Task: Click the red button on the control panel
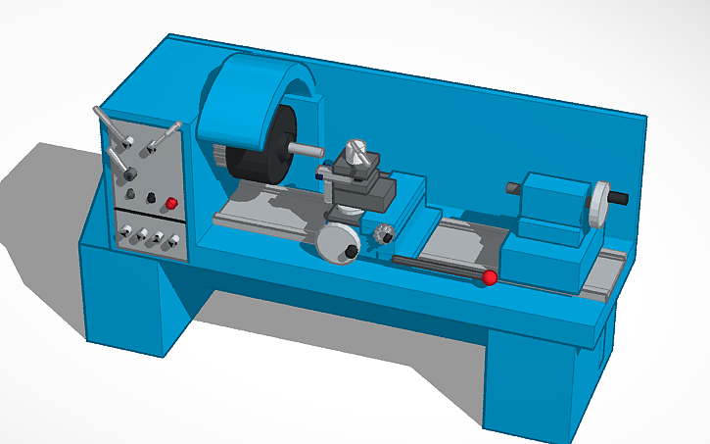tap(171, 204)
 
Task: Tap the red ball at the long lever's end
tap(488, 279)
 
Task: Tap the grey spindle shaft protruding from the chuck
tap(306, 150)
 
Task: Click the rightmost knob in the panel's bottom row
tap(173, 240)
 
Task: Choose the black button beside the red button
tap(151, 199)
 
